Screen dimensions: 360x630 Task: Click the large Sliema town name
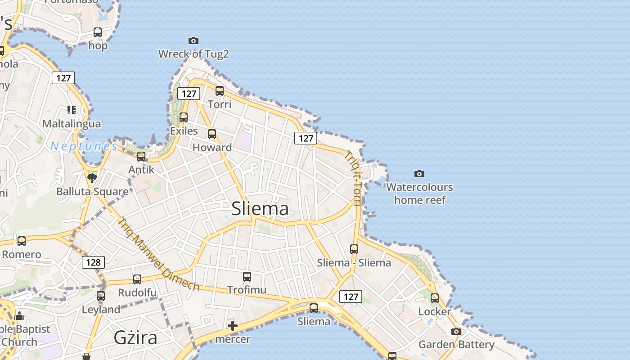(x=260, y=209)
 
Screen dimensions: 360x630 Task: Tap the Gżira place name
(x=135, y=337)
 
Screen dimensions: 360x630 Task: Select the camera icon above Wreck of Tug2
(x=193, y=41)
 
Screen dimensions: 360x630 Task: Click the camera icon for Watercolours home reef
(x=419, y=174)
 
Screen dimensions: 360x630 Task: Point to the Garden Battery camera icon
(x=456, y=332)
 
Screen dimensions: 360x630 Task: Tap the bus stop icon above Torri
(x=220, y=91)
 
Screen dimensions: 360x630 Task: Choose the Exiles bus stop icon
(x=184, y=117)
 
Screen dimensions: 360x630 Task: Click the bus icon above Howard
(x=212, y=134)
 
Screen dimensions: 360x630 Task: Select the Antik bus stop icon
(x=141, y=157)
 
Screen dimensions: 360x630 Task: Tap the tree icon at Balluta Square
(x=92, y=178)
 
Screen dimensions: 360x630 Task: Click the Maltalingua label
(x=72, y=123)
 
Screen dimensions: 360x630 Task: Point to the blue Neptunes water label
(x=84, y=146)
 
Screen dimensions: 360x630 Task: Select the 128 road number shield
(x=93, y=262)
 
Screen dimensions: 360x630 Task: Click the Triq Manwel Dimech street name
(x=158, y=254)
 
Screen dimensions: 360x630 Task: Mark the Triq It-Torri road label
(x=353, y=178)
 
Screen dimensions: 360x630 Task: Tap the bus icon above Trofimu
(x=247, y=277)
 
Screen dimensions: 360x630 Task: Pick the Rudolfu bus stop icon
(x=137, y=279)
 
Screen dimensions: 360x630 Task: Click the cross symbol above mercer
(x=233, y=326)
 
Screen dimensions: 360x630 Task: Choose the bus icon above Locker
(x=435, y=298)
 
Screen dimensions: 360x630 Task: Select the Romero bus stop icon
(x=22, y=241)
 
